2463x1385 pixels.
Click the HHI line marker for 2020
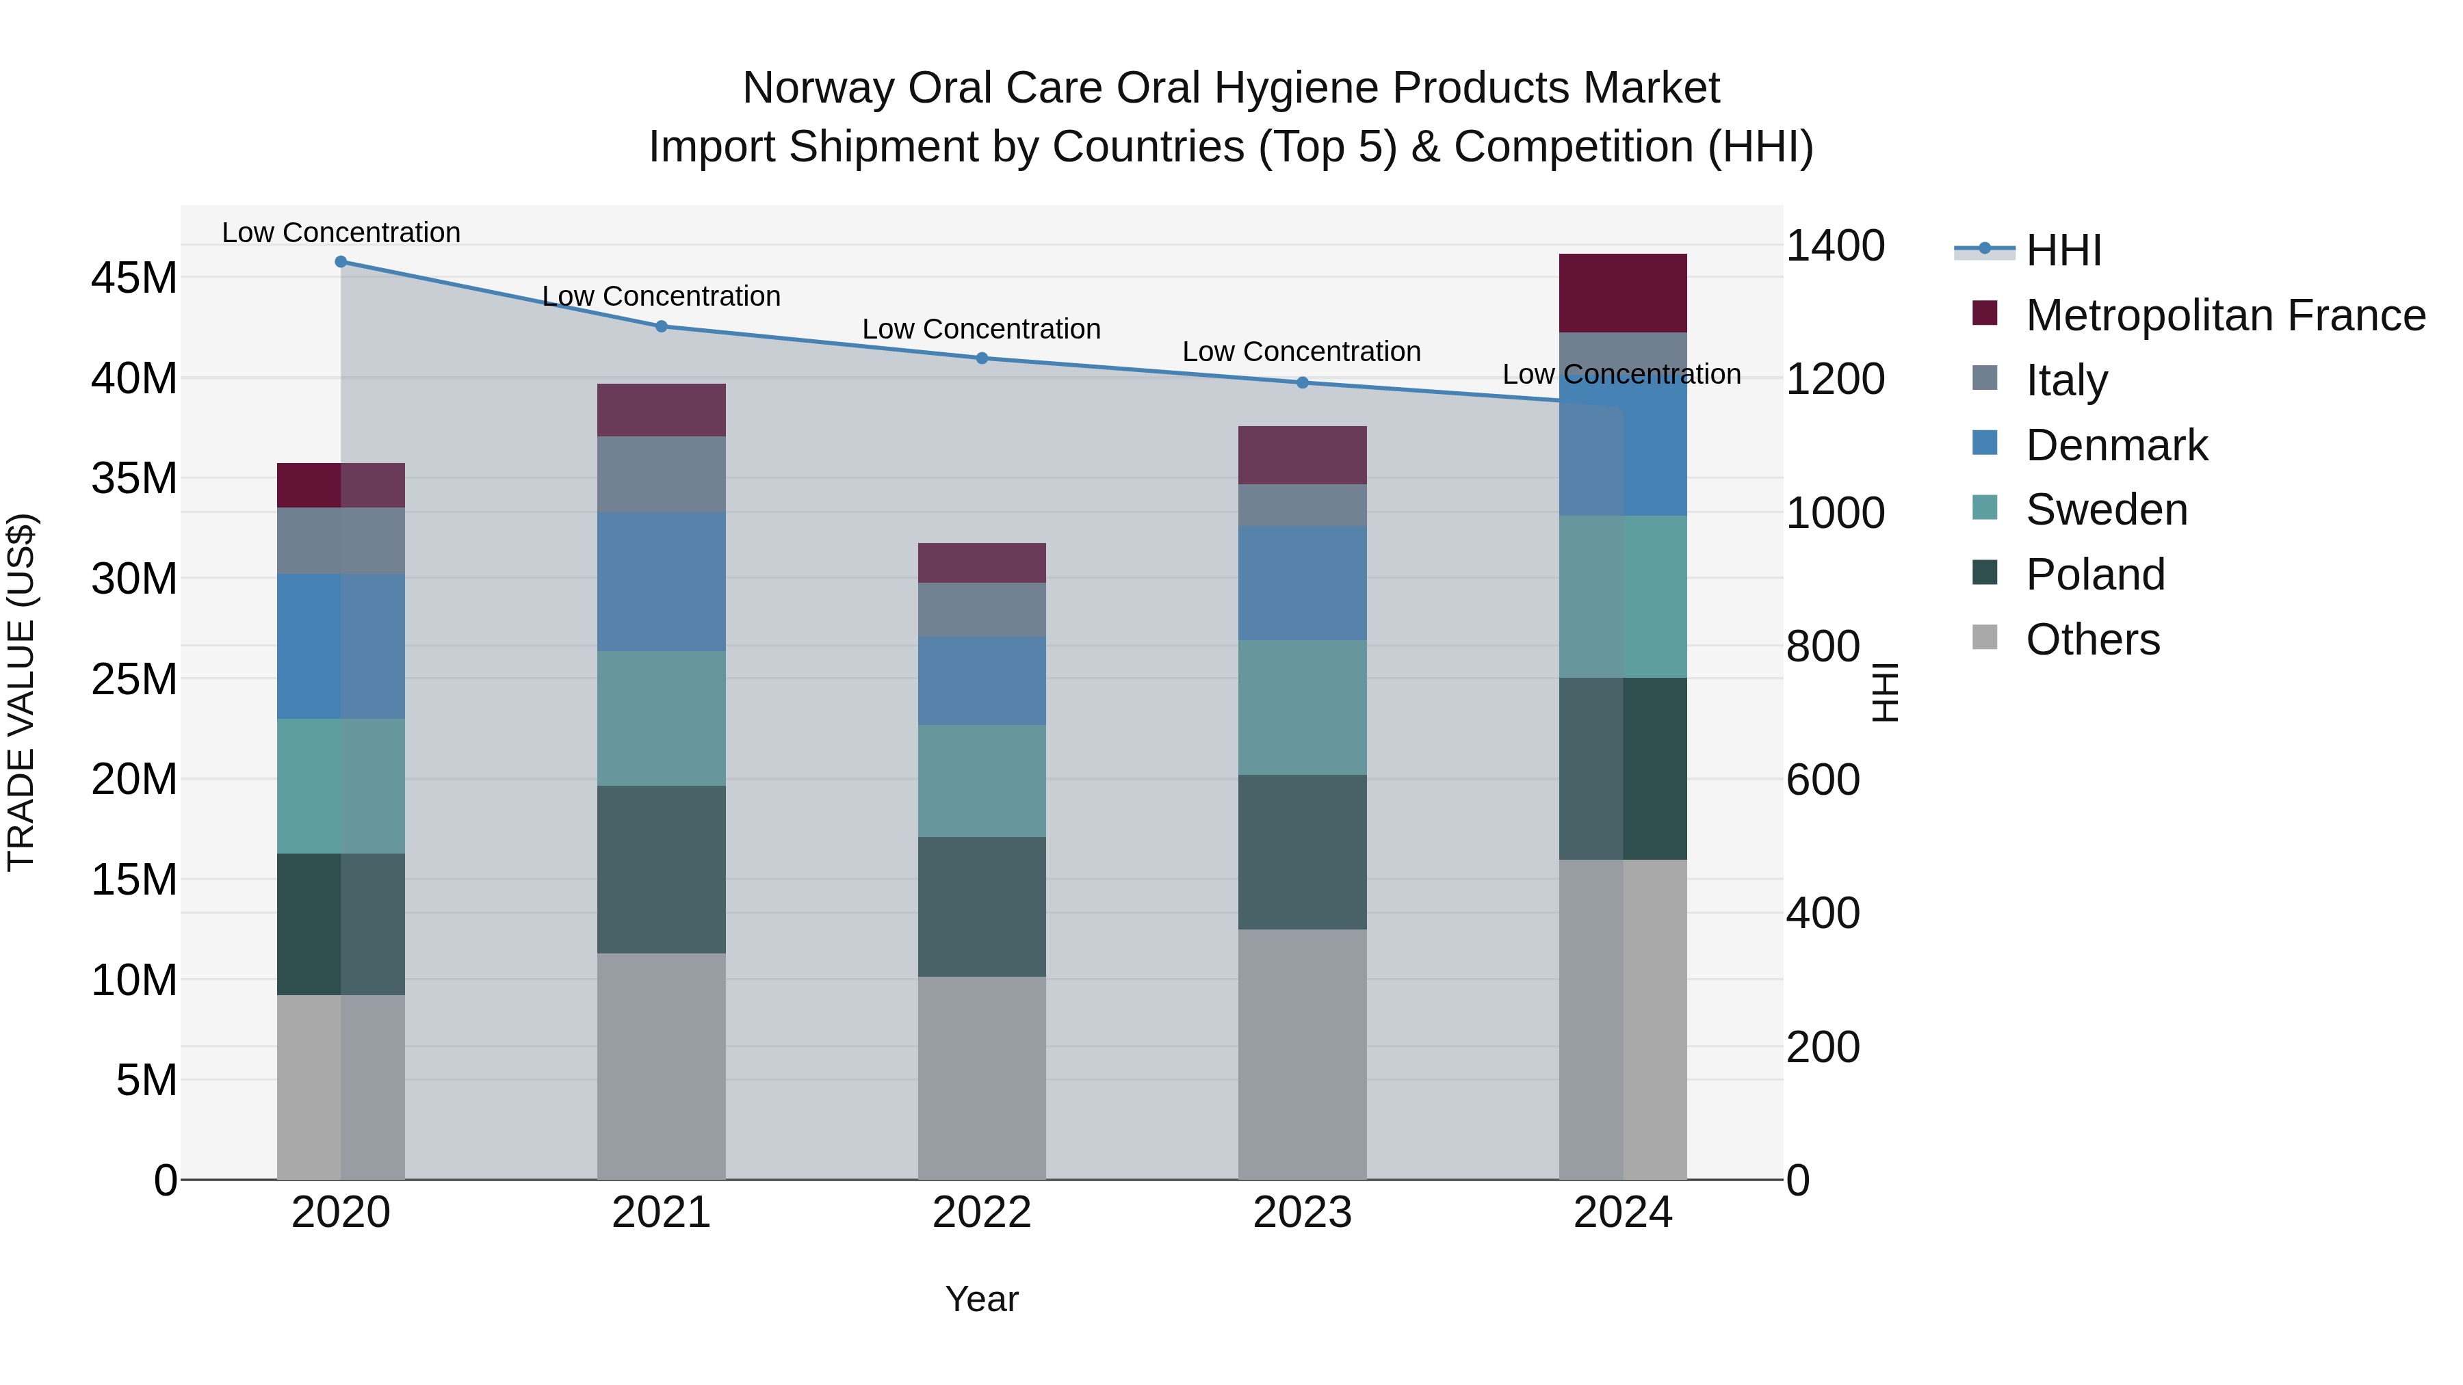341,262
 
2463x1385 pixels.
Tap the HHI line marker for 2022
982,358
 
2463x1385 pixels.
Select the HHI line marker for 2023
1302,382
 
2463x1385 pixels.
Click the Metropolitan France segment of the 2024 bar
1623,293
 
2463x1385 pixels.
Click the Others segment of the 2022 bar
982,1077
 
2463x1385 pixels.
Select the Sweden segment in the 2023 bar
1302,707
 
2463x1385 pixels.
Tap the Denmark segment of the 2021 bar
661,581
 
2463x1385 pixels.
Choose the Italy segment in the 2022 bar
982,610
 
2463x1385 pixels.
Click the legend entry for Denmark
2116,445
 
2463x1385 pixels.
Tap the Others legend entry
2092,639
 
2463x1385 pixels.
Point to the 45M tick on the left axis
134,278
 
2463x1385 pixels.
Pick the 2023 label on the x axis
1302,1213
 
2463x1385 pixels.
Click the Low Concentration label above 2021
661,296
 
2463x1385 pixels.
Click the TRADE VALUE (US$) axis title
21,692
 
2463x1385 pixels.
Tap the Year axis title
982,1299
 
